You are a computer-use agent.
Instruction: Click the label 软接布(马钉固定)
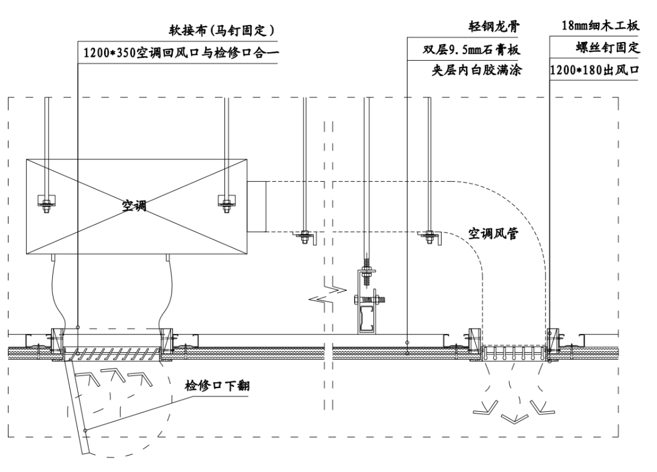(x=221, y=30)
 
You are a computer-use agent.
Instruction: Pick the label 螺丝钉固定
(x=608, y=49)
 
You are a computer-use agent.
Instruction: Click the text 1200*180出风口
(x=594, y=70)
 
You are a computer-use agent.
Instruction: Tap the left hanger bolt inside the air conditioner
(x=46, y=202)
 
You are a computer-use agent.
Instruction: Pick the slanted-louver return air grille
(x=112, y=353)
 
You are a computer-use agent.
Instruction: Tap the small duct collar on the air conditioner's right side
(x=257, y=206)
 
